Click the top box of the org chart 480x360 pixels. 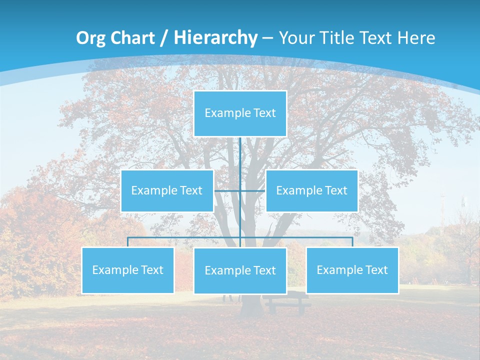coord(240,113)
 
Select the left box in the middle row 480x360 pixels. coord(167,190)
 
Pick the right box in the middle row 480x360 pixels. coord(311,190)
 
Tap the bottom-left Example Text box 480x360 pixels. coord(127,270)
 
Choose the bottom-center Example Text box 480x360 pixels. coord(240,270)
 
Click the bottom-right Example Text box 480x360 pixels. coord(352,270)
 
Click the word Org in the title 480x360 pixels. coord(90,38)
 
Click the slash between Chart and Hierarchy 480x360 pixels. coord(163,38)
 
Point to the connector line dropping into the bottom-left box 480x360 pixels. coord(127,242)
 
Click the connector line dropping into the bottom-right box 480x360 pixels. coord(352,242)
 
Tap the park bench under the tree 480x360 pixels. coord(286,303)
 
